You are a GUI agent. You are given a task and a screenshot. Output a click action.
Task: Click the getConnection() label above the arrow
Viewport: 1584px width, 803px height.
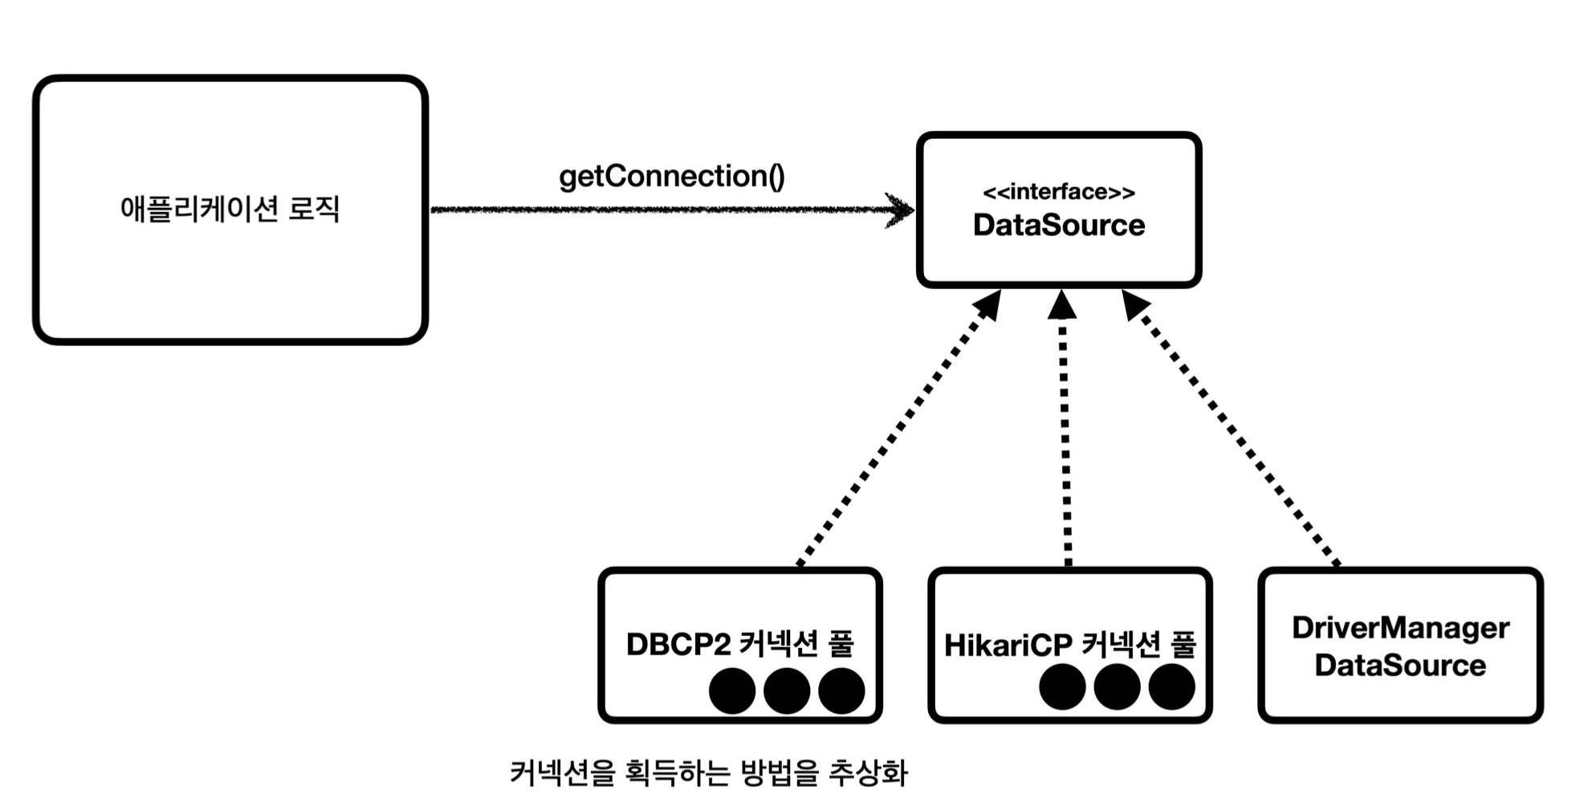(x=671, y=177)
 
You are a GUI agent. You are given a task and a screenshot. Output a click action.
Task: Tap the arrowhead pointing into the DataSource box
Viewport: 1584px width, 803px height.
(x=901, y=210)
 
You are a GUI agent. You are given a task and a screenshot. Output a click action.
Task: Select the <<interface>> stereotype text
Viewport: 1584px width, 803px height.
(x=1058, y=192)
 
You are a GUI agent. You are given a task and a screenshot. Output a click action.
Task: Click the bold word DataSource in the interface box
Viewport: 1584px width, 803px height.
(x=1058, y=226)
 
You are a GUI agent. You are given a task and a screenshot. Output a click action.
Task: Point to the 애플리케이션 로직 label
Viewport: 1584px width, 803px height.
(x=230, y=209)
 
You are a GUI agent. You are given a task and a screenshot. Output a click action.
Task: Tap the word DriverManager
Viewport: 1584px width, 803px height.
(x=1400, y=628)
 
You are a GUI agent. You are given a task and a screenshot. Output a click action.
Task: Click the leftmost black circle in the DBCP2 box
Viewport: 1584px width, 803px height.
(x=732, y=691)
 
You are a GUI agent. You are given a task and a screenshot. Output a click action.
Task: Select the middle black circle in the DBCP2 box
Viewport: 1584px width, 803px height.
(x=787, y=691)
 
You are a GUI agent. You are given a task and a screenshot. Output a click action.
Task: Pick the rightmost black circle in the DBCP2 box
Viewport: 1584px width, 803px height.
(x=841, y=691)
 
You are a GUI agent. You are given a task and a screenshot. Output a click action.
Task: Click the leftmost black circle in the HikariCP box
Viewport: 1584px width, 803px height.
(x=1062, y=688)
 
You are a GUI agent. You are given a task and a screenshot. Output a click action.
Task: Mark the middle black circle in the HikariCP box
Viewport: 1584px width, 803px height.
(x=1117, y=688)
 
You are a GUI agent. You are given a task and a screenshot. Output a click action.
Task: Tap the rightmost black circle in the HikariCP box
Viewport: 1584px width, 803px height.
(x=1171, y=688)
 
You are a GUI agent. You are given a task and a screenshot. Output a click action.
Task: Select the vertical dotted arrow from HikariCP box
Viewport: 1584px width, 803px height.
(x=1065, y=434)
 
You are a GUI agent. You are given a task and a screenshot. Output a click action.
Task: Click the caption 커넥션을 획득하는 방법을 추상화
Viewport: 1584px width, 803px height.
(x=708, y=773)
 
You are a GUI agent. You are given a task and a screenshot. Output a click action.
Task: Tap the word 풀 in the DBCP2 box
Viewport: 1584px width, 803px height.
(x=841, y=644)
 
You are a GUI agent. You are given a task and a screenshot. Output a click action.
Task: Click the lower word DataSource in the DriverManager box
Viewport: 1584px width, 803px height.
(x=1400, y=666)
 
